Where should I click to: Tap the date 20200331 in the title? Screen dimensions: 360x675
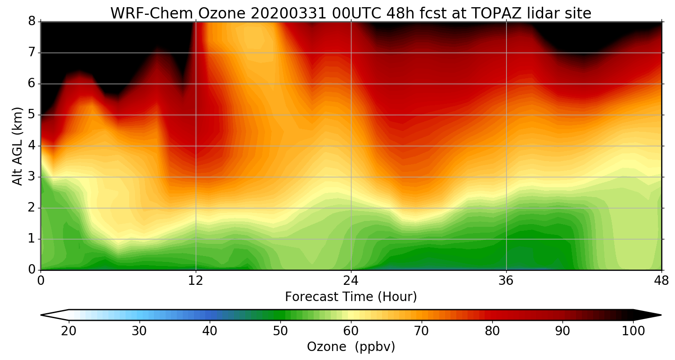pyautogui.click(x=289, y=13)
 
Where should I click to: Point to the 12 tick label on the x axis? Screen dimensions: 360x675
pyautogui.click(x=196, y=281)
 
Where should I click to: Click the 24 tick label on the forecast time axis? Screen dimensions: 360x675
pyautogui.click(x=351, y=281)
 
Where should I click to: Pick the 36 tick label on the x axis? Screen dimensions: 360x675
pyautogui.click(x=506, y=281)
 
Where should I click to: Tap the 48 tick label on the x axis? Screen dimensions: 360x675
pyautogui.click(x=661, y=281)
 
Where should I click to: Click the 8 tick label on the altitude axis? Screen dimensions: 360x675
pyautogui.click(x=32, y=22)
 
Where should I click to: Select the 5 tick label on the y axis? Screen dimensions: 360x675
pyautogui.click(x=32, y=115)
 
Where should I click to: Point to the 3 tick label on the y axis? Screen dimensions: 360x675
pyautogui.click(x=32, y=177)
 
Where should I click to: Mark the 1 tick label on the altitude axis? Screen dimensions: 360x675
pyautogui.click(x=32, y=239)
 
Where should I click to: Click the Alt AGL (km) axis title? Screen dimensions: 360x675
pyautogui.click(x=18, y=146)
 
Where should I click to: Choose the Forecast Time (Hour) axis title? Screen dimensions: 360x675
pyautogui.click(x=351, y=297)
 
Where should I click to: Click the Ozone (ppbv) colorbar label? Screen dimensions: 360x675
pyautogui.click(x=351, y=346)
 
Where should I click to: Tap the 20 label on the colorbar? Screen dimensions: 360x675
pyautogui.click(x=69, y=331)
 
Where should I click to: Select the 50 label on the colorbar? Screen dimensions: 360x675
pyautogui.click(x=280, y=331)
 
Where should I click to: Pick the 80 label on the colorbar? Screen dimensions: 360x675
pyautogui.click(x=492, y=331)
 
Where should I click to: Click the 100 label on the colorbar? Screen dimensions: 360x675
pyautogui.click(x=633, y=331)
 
